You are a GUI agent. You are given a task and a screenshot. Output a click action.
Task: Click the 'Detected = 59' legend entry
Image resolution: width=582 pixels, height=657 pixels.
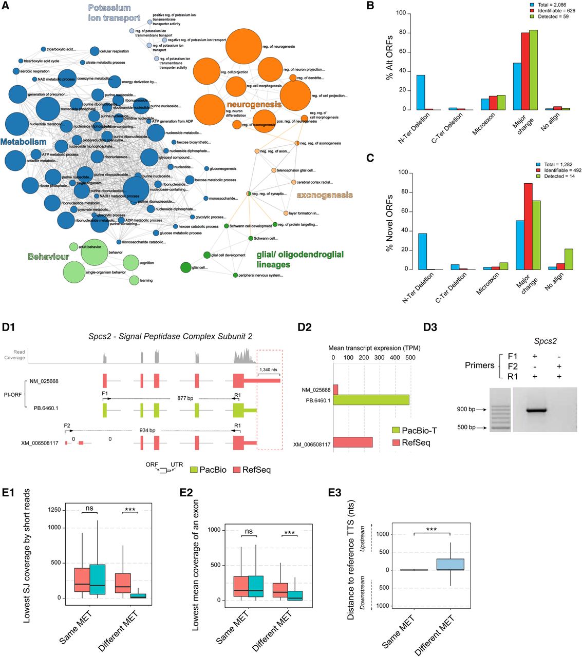point(552,16)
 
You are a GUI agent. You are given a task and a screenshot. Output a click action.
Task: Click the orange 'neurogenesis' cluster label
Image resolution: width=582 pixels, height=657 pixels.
point(254,104)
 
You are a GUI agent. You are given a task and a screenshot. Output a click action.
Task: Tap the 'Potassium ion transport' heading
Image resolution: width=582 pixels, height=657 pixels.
point(114,13)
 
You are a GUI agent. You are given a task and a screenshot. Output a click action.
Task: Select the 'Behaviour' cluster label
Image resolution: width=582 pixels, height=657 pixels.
point(48,256)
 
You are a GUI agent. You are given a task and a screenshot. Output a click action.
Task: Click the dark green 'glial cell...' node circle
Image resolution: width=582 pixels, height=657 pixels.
point(186,267)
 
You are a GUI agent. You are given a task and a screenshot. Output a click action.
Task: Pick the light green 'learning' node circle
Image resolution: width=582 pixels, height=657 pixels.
point(134,280)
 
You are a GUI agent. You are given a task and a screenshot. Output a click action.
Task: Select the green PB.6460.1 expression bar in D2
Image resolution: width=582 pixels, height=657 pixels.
point(371,400)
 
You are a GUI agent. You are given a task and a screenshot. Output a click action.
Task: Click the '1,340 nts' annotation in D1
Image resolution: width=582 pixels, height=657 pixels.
point(268,370)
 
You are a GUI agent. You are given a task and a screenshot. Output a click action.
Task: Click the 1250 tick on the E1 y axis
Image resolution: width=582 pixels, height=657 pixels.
point(54,510)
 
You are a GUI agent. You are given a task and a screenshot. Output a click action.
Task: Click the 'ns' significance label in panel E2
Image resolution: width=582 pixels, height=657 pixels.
point(249,531)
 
